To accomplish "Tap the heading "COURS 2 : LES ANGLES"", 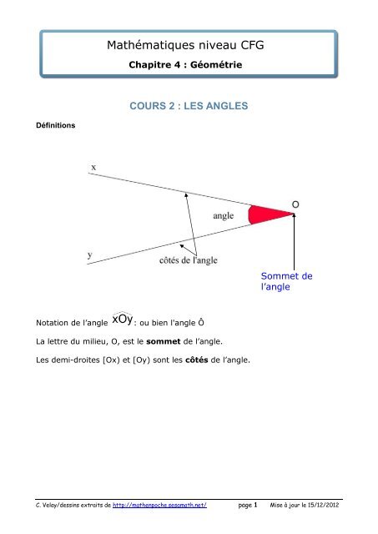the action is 188,108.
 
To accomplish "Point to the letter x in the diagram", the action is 93,167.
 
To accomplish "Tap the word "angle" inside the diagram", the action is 223,215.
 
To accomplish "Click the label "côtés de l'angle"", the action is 189,260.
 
